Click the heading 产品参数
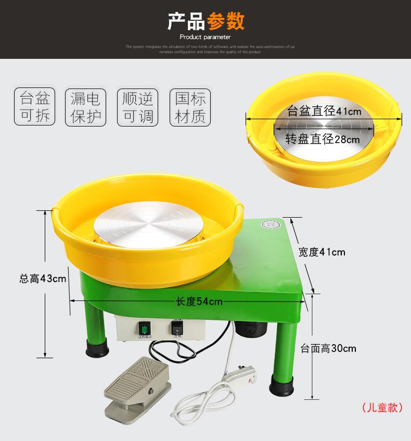click(x=205, y=21)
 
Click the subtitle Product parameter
click(x=205, y=37)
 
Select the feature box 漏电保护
click(x=85, y=107)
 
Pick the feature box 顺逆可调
click(x=137, y=107)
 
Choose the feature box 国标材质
click(x=190, y=107)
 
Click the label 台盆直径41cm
click(x=324, y=111)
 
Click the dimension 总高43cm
click(x=43, y=279)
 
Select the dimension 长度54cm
click(x=192, y=301)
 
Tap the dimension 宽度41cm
click(x=322, y=252)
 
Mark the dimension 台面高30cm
click(x=328, y=348)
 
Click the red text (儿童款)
click(x=382, y=407)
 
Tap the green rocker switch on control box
click(x=144, y=328)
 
